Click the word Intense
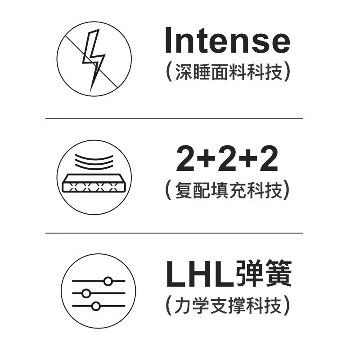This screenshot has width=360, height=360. [x=227, y=40]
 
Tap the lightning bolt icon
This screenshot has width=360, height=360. [x=94, y=59]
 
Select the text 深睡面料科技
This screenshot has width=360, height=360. [x=227, y=72]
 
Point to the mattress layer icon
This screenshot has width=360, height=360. [x=94, y=183]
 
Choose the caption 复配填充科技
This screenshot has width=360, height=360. [x=227, y=191]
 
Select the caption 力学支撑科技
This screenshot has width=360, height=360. [x=227, y=306]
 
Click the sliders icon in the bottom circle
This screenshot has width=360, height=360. [x=98, y=293]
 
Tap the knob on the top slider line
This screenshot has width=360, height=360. [x=108, y=281]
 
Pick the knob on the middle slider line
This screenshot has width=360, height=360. [x=86, y=294]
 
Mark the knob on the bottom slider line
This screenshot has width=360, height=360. [x=95, y=306]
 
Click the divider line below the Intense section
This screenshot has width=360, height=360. [x=174, y=119]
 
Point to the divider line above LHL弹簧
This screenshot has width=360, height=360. [x=174, y=233]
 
